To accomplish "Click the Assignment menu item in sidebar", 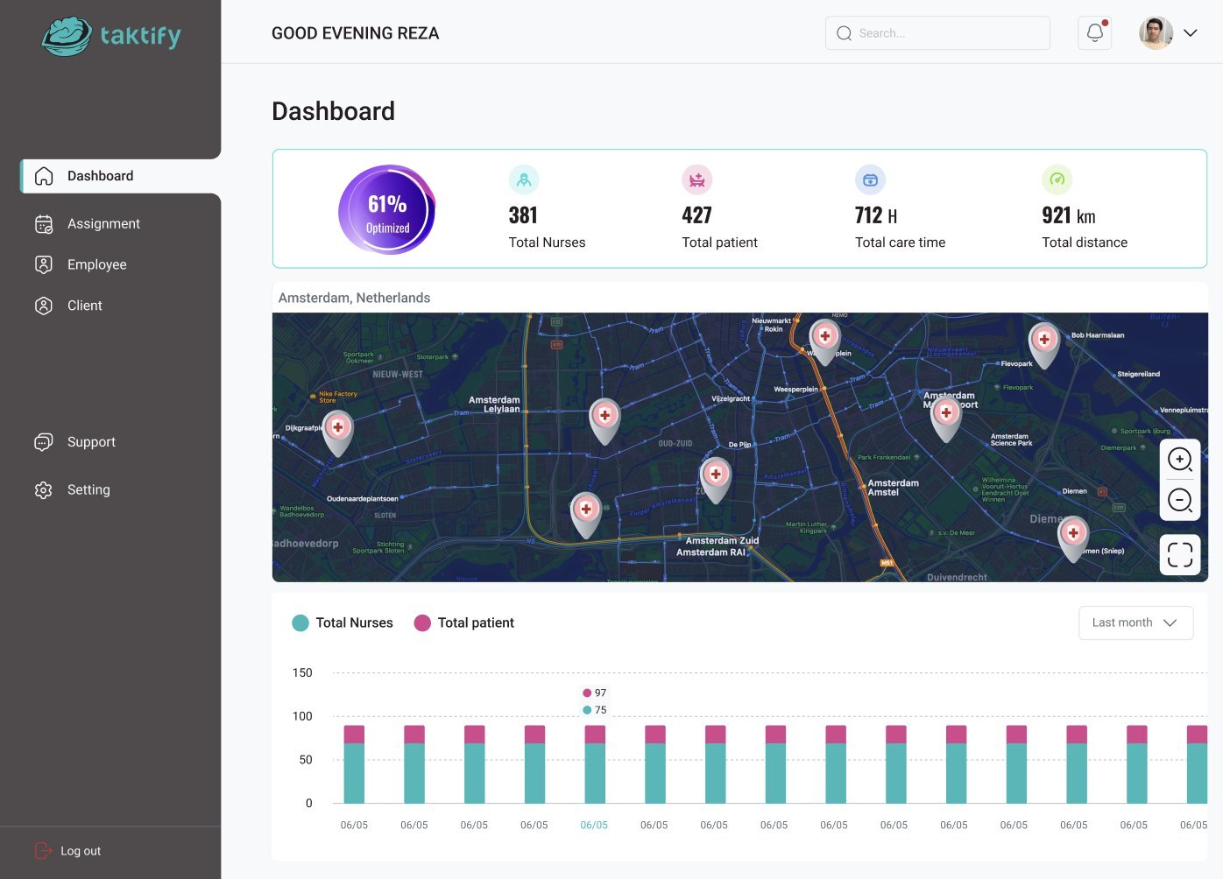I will click(103, 224).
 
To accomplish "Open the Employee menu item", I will click(96, 264).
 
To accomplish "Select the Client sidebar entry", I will click(84, 306).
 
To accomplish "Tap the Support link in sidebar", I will click(91, 442).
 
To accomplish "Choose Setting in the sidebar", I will click(88, 490).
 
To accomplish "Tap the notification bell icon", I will click(1094, 33).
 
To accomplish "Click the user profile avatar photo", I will click(1156, 33).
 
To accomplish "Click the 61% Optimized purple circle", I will click(387, 210).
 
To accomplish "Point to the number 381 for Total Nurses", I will click(523, 215).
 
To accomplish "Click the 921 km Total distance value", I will click(1068, 215).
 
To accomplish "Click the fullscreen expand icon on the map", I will click(1179, 554).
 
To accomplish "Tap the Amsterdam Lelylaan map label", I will click(495, 404).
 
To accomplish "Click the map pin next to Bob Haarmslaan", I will click(1043, 341).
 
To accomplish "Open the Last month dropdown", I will click(1135, 622).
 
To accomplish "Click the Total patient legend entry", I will click(464, 622).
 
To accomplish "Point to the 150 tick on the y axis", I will click(302, 673).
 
